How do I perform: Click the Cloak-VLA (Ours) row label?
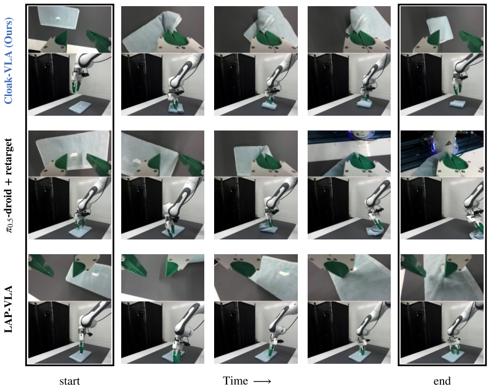coord(9,61)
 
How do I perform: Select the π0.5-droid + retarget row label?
coord(9,185)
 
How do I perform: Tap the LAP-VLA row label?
coord(9,309)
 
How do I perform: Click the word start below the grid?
coord(70,381)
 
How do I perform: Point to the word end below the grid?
coord(442,381)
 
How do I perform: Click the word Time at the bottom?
coord(235,380)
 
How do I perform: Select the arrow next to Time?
coord(262,381)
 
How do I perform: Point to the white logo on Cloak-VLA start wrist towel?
coord(57,19)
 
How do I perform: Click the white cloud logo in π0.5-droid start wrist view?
coord(74,154)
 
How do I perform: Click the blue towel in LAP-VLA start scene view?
coord(80,355)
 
